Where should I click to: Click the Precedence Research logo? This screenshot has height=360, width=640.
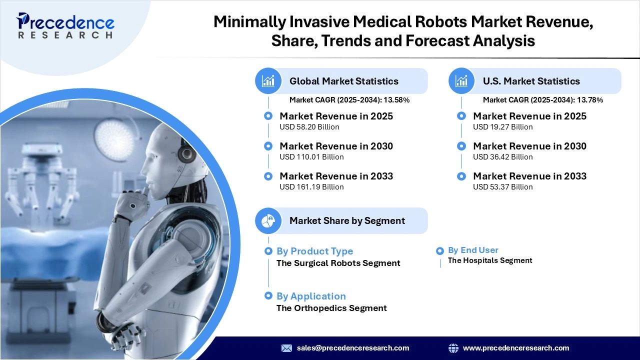65,25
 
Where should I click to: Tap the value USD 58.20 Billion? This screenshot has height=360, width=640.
309,127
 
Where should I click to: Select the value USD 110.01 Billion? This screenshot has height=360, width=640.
311,157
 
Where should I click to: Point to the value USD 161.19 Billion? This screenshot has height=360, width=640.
311,187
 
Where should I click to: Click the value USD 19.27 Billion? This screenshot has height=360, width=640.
502,127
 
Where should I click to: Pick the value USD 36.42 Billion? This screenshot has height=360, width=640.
502,157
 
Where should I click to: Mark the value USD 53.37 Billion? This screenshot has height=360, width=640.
502,187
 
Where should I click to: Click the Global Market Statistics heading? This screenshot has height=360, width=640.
343,81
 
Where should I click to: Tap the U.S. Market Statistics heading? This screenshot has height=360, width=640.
531,81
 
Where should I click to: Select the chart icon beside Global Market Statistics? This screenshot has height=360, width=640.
268,81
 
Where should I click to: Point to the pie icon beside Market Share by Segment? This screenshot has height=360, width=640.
268,220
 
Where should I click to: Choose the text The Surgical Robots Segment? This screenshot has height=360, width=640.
338,263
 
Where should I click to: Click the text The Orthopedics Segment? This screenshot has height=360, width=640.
331,308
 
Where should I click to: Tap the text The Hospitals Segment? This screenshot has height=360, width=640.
489,260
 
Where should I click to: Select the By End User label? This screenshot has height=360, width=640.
473,250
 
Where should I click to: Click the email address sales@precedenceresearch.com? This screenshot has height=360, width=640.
352,348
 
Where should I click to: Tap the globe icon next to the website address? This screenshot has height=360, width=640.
453,348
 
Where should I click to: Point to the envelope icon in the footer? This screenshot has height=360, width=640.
286,348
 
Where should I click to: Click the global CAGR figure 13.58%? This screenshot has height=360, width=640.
396,100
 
